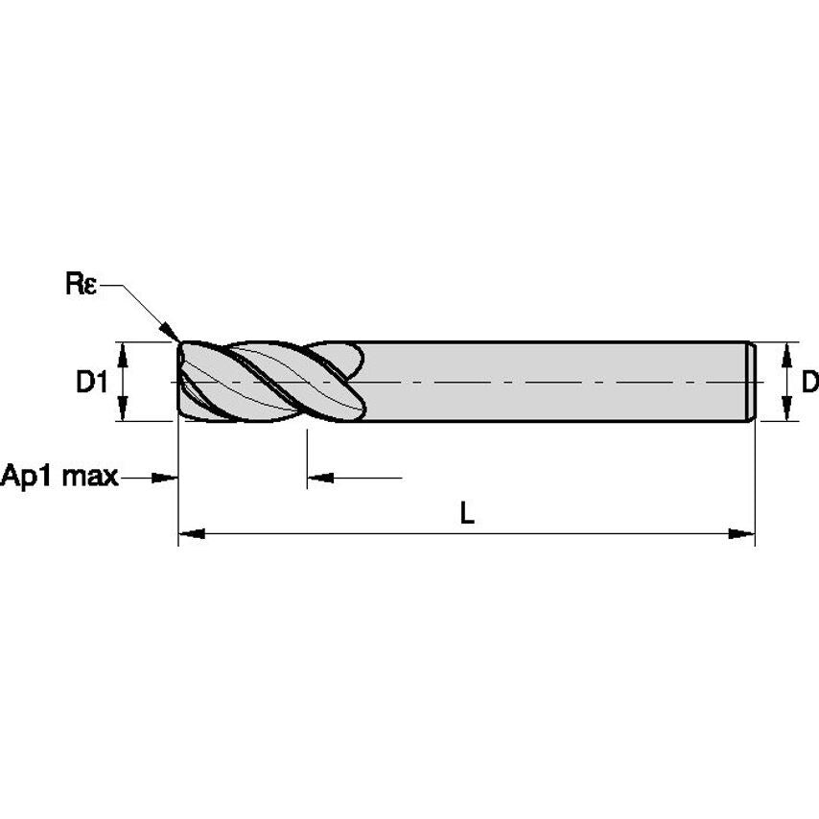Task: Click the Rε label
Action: coord(82,285)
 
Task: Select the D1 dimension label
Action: coord(92,383)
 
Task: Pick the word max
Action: coord(91,476)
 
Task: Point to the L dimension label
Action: coord(467,514)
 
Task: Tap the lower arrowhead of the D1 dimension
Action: coord(124,412)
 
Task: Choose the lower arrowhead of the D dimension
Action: coord(787,412)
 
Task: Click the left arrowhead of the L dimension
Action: coord(190,533)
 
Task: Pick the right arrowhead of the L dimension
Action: coord(743,533)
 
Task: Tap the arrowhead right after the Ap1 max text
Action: coord(167,477)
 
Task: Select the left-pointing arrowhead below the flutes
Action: coord(319,477)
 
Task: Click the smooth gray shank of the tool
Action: coord(547,382)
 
